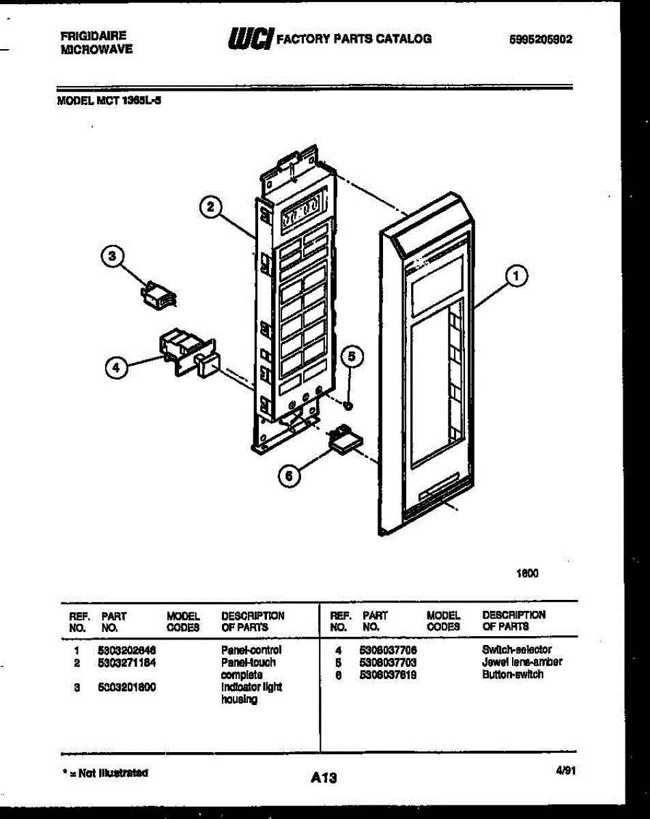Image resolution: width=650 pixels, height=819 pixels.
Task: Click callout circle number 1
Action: tap(517, 276)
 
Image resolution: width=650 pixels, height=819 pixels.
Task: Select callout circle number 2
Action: tap(212, 207)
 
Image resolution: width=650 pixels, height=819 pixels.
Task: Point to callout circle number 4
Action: tap(116, 368)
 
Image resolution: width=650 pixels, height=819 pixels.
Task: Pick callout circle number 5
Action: tap(352, 356)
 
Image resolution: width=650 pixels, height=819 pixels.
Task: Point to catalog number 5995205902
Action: tap(541, 39)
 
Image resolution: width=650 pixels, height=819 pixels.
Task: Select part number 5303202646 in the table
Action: tap(126, 650)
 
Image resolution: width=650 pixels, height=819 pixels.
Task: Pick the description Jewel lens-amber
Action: tap(522, 662)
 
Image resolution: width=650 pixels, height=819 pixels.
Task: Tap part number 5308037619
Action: tap(388, 675)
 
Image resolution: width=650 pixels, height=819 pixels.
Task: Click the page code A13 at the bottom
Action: tap(324, 777)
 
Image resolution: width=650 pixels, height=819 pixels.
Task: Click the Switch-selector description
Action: tap(516, 650)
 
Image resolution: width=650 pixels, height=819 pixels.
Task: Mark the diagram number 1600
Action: tap(528, 573)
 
